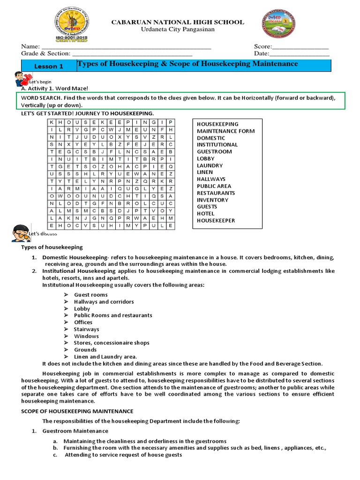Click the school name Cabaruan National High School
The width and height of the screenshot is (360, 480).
[x=177, y=22]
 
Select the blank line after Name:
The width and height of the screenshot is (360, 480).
[x=127, y=47]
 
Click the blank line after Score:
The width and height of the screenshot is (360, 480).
[x=300, y=47]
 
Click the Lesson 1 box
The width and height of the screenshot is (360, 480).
[x=49, y=66]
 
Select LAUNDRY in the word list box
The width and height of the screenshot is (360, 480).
[x=210, y=165]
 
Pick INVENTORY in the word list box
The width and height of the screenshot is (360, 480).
[x=212, y=200]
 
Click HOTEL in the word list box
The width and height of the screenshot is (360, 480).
[x=205, y=213]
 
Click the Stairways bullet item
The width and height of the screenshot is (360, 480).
[x=86, y=329]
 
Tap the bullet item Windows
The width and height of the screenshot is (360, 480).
[x=86, y=336]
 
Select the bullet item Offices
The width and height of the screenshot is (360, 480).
[x=83, y=322]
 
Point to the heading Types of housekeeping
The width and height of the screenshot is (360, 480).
[x=52, y=247]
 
